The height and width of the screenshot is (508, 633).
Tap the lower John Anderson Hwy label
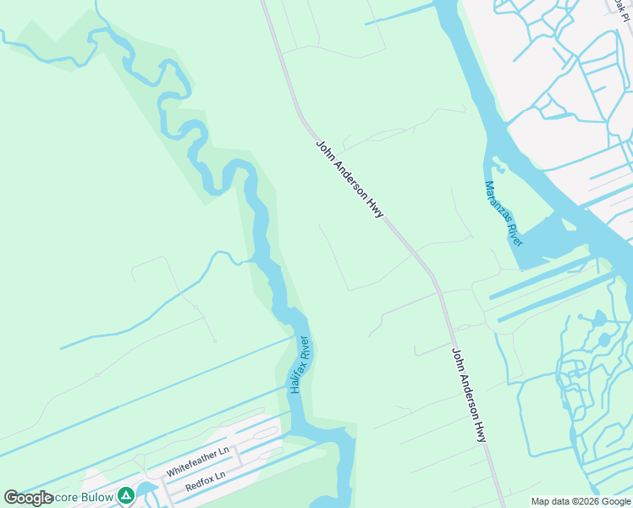coord(468,395)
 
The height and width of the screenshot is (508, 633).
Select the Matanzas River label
coord(504,213)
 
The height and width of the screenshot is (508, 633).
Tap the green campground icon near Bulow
coord(125,495)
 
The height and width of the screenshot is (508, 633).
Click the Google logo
coord(28,498)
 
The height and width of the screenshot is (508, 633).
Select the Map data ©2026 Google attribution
coord(581,501)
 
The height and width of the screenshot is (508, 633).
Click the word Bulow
coord(97,497)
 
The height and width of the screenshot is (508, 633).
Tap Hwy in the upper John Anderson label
coord(375,207)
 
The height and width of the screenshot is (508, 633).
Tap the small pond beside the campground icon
coord(148,490)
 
